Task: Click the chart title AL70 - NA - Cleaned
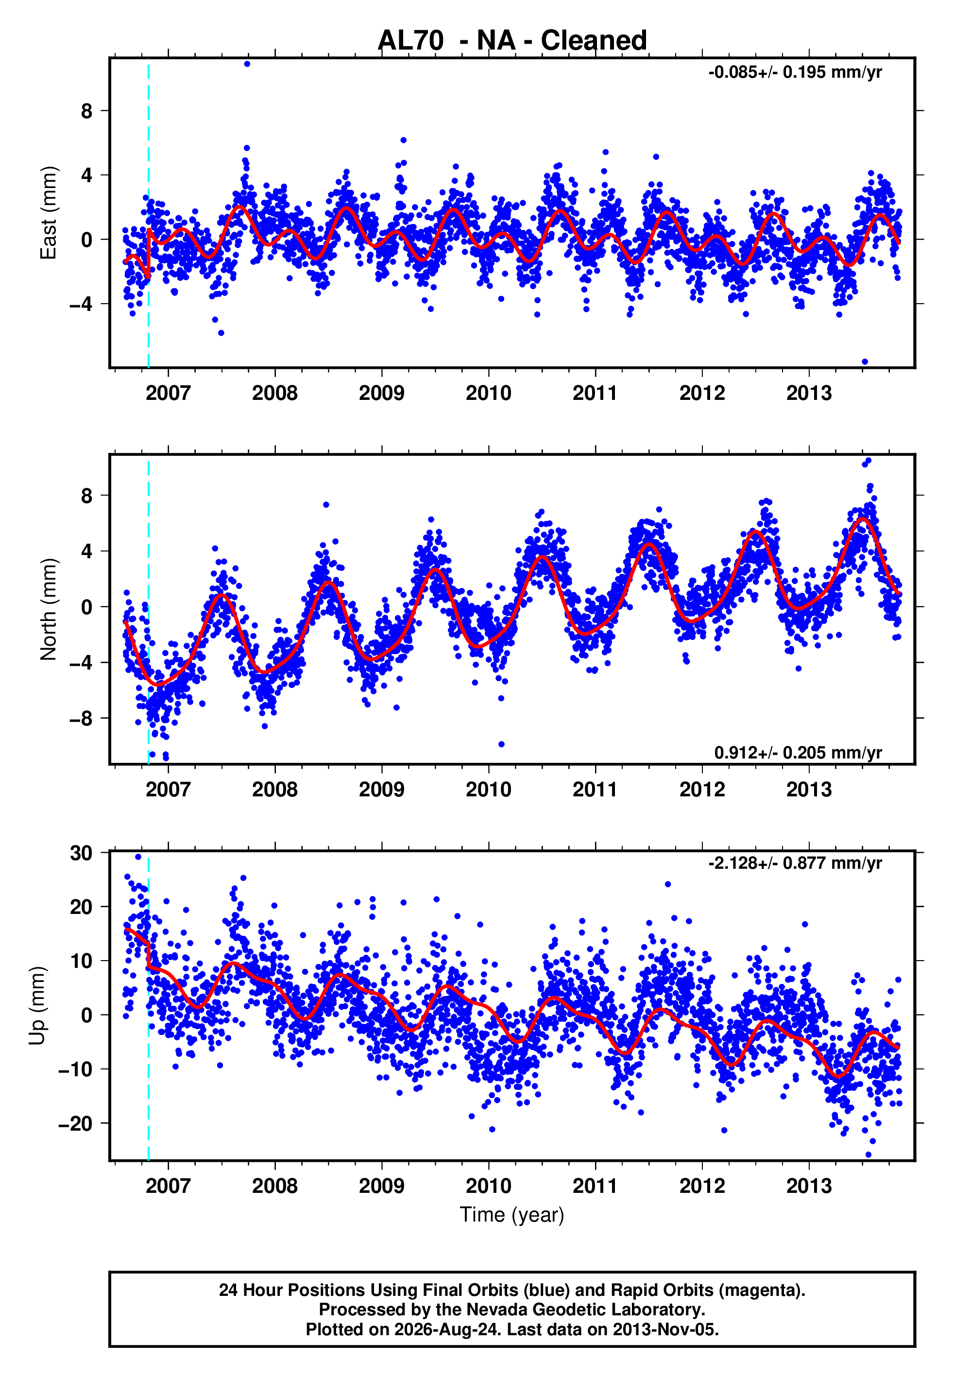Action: point(512,41)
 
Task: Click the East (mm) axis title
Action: point(49,213)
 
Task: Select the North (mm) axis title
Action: point(49,609)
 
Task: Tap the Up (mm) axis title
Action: point(37,1006)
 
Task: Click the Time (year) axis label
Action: point(512,1215)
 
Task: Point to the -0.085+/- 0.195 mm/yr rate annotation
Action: point(795,72)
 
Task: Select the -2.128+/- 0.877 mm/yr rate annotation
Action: point(795,863)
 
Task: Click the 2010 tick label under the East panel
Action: point(489,393)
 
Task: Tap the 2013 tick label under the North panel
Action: point(809,790)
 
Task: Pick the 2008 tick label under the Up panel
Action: point(274,1186)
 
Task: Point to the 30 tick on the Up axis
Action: point(81,853)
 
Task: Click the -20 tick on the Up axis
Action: point(75,1123)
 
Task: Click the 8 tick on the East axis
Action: point(87,111)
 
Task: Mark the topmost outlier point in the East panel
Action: point(247,64)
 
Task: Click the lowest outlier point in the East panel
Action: point(865,361)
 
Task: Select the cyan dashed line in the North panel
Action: point(148,609)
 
